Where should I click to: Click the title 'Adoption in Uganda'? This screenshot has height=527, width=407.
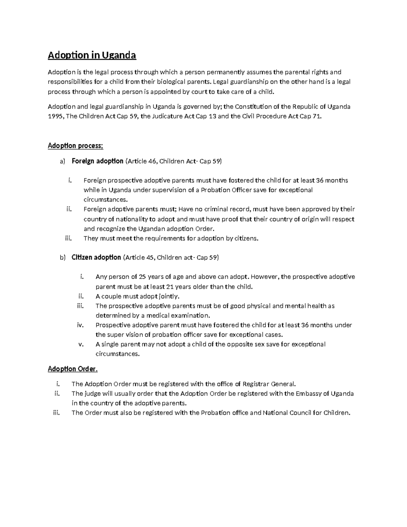(x=92, y=55)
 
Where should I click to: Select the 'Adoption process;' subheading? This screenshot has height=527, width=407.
(x=75, y=146)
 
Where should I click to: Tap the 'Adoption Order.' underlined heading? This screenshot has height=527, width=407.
(x=73, y=369)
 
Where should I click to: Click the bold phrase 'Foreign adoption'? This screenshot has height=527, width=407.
(x=97, y=161)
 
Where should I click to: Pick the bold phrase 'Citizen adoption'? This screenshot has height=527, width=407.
(x=96, y=257)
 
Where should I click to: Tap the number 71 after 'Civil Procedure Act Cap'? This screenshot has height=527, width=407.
(x=315, y=116)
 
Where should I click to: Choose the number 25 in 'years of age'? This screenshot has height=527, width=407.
(x=143, y=277)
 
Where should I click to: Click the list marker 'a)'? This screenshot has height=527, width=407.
(x=62, y=162)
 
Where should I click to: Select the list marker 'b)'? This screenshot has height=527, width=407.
(x=62, y=258)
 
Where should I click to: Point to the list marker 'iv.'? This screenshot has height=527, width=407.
(x=80, y=325)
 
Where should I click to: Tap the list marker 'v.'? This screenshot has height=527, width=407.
(x=81, y=344)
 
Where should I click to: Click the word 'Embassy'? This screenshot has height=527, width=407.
(x=308, y=394)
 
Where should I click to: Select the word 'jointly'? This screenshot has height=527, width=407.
(x=169, y=296)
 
